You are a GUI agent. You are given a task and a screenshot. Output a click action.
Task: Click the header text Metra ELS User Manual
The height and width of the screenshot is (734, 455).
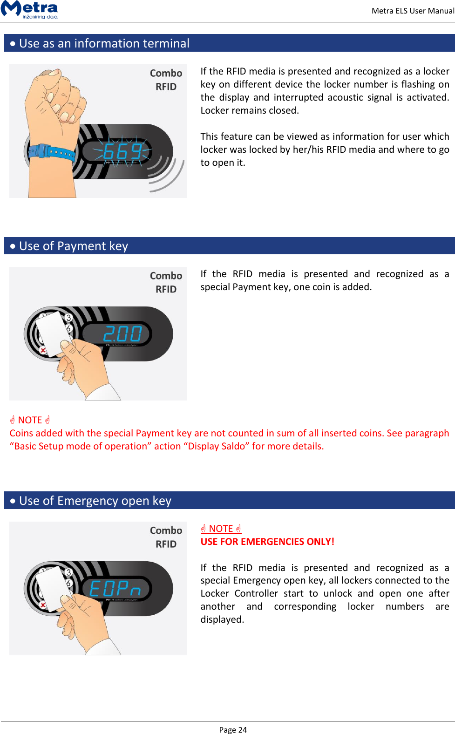pyautogui.click(x=412, y=11)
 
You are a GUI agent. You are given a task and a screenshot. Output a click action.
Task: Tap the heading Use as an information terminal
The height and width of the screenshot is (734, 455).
pyautogui.click(x=104, y=43)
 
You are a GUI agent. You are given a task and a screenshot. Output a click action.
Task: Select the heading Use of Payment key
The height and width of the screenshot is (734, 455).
pyautogui.click(x=74, y=246)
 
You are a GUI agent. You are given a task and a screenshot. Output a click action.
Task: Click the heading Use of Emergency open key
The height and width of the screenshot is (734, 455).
pyautogui.click(x=95, y=501)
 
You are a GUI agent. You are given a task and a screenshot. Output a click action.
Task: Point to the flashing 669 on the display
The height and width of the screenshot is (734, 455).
pyautogui.click(x=122, y=152)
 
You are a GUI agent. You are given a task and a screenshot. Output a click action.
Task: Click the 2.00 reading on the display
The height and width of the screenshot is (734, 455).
pyautogui.click(x=122, y=334)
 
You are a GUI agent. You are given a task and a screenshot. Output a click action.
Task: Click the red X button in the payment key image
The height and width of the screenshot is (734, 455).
pyautogui.click(x=43, y=350)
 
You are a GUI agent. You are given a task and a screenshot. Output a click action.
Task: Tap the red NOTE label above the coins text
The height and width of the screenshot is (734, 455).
pyautogui.click(x=30, y=420)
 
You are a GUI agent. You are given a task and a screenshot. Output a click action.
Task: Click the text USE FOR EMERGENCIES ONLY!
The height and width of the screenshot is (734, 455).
pyautogui.click(x=267, y=542)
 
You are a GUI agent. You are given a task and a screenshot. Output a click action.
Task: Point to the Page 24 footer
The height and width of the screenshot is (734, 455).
pyautogui.click(x=233, y=729)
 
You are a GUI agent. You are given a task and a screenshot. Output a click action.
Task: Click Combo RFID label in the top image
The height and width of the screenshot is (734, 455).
pyautogui.click(x=166, y=80)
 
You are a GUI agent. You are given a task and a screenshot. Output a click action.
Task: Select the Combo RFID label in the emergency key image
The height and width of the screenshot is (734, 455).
pyautogui.click(x=166, y=537)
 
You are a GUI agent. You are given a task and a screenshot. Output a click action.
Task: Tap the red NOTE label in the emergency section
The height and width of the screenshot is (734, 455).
pyautogui.click(x=221, y=529)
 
